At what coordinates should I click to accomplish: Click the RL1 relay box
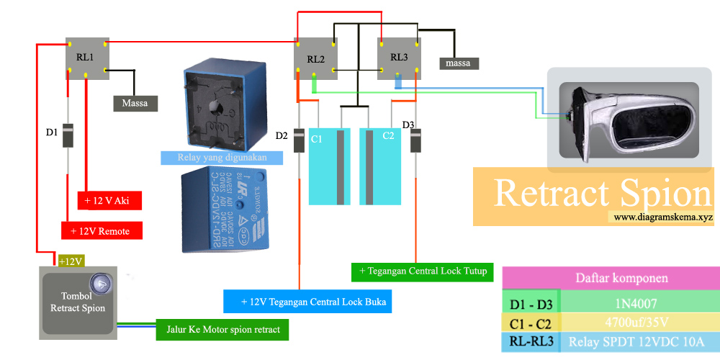[x=86, y=56]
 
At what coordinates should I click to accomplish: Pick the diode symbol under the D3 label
[x=416, y=140]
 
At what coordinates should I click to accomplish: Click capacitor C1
[x=330, y=166]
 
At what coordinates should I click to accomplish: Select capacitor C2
[x=380, y=166]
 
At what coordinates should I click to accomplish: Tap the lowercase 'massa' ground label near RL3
[x=458, y=63]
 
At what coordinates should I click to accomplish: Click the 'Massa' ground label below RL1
[x=135, y=103]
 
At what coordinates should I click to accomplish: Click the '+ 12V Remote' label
[x=102, y=230]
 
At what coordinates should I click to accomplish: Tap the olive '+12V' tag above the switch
[x=71, y=261]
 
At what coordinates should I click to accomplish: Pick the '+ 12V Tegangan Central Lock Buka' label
[x=307, y=302]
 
